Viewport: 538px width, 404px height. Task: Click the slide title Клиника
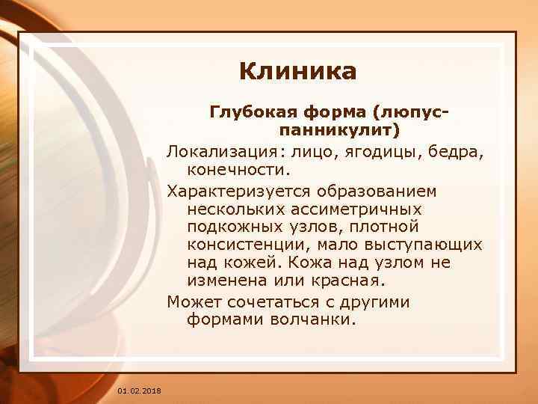tap(298, 72)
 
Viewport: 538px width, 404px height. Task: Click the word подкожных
tap(233, 227)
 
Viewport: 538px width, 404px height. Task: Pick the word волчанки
tap(319, 320)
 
